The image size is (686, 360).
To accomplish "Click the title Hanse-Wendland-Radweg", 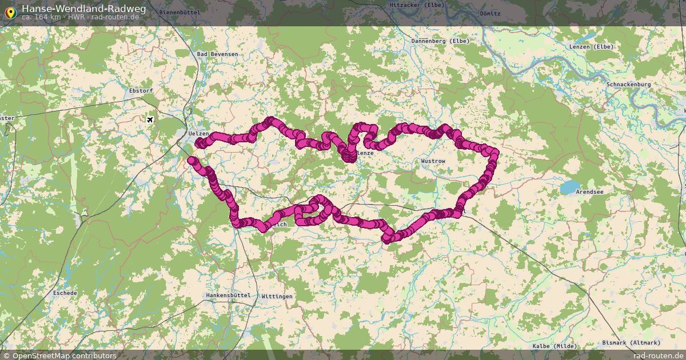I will [x=83, y=9].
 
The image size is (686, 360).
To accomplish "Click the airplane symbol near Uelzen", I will [x=150, y=119].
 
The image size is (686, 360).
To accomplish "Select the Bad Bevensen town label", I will [x=217, y=54].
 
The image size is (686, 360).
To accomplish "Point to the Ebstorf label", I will [x=141, y=91].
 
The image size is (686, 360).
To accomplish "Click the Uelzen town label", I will [x=199, y=133].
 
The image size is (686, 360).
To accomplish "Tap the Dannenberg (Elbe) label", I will [x=440, y=41].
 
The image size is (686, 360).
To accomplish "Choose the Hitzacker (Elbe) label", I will [x=416, y=5].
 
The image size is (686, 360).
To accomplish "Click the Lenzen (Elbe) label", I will [x=591, y=47].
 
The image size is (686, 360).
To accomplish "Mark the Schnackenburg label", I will [x=629, y=85].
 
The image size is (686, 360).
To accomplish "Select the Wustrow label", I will [x=433, y=162].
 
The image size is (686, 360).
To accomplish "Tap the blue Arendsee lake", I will [x=569, y=187].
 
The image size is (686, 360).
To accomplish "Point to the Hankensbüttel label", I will [x=228, y=295].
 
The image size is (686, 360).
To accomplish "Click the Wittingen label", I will [x=277, y=297].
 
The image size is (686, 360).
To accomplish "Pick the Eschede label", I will [x=65, y=293].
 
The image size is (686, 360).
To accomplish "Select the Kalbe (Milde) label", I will [x=555, y=346].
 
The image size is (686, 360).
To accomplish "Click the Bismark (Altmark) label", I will [x=631, y=343].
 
